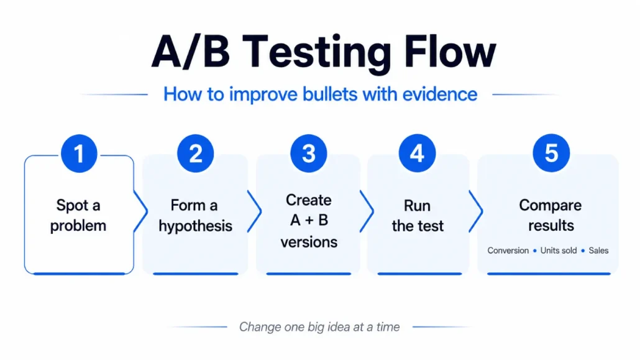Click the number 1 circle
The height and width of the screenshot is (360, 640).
pyautogui.click(x=79, y=153)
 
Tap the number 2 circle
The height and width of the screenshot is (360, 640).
pyautogui.click(x=196, y=153)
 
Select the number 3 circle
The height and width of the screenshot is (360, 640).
pyautogui.click(x=309, y=153)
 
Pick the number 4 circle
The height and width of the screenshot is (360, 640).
pyautogui.click(x=417, y=153)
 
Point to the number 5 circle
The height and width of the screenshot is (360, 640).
pyautogui.click(x=551, y=153)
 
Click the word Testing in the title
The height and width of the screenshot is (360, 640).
pyautogui.click(x=319, y=53)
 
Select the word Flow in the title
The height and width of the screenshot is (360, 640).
pyautogui.click(x=450, y=51)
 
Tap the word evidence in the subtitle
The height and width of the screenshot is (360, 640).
pyautogui.click(x=439, y=94)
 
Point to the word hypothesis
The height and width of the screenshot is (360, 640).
pyautogui.click(x=196, y=226)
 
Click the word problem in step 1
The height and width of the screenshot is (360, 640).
pyautogui.click(x=78, y=226)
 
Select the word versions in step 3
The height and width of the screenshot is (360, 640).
pyautogui.click(x=309, y=242)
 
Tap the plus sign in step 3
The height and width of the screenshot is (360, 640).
pyautogui.click(x=309, y=221)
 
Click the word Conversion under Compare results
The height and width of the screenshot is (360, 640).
pyautogui.click(x=508, y=251)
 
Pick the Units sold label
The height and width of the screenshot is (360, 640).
pyautogui.click(x=559, y=251)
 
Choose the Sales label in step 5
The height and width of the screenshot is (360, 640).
pyautogui.click(x=598, y=251)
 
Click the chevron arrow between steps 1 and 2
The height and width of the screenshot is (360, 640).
pyautogui.click(x=141, y=211)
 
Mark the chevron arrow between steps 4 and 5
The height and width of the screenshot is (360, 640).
pyautogui.click(x=476, y=211)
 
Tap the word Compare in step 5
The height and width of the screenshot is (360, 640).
pyautogui.click(x=550, y=206)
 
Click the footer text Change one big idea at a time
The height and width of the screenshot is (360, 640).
pyautogui.click(x=319, y=327)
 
